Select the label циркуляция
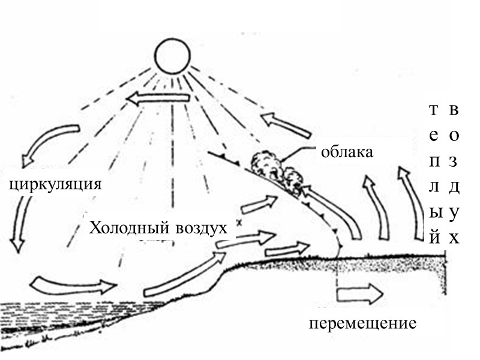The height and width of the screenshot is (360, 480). click(x=55, y=182)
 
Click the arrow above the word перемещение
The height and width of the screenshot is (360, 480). click(x=359, y=294)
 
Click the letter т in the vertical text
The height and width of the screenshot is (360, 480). click(x=434, y=110)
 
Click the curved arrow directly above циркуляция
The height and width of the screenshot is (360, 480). click(x=48, y=144)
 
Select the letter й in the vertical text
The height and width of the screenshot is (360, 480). click(x=434, y=238)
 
